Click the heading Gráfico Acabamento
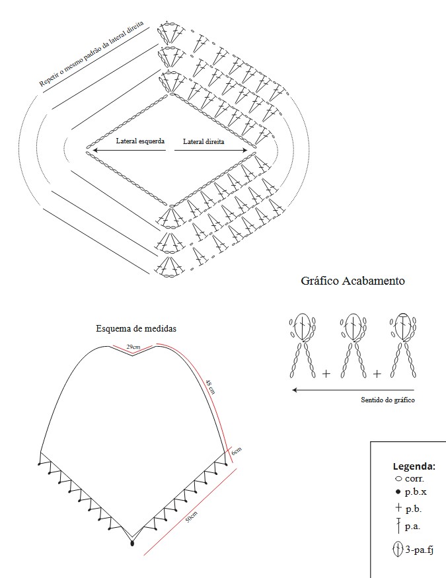[353, 281]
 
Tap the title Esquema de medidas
[136, 328]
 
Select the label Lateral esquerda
[140, 141]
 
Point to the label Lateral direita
[204, 141]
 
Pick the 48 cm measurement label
[210, 386]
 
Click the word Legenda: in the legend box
[414, 465]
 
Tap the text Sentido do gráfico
[387, 400]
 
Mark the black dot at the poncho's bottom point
[133, 543]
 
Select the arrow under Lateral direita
[211, 151]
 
